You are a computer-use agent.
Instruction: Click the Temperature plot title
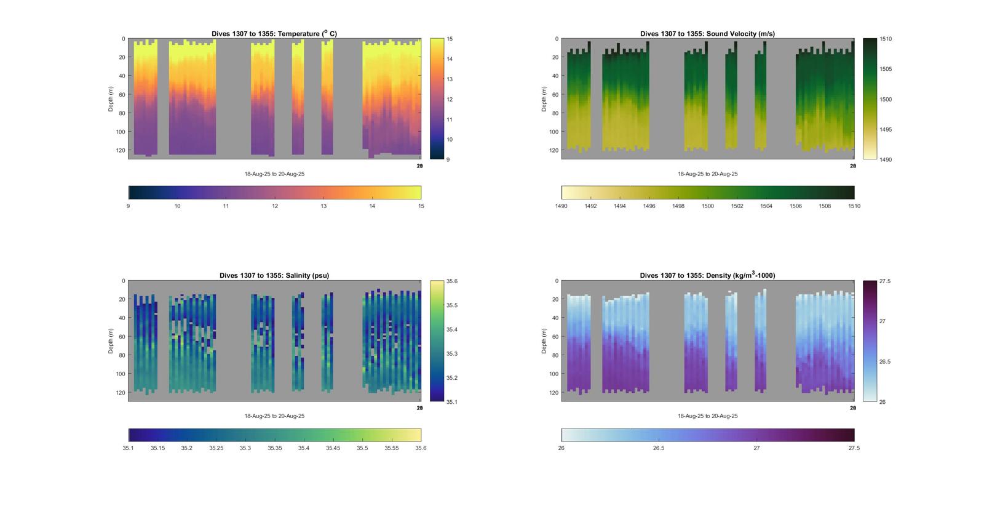point(274,34)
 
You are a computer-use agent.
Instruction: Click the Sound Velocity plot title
point(707,34)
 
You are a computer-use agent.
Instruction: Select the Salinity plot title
point(274,276)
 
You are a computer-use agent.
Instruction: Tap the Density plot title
point(707,276)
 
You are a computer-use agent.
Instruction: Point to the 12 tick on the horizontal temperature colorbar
point(275,206)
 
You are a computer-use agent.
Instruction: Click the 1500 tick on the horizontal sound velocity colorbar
point(708,206)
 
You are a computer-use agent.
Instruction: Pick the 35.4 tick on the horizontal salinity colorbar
point(304,448)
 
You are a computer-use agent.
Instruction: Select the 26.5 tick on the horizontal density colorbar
point(659,448)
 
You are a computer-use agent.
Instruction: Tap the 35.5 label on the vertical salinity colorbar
point(452,305)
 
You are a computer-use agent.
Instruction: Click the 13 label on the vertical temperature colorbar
point(450,79)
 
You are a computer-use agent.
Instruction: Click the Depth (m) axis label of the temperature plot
point(111,99)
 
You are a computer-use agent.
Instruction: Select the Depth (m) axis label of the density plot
point(544,341)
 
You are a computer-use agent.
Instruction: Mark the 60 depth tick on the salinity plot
point(122,337)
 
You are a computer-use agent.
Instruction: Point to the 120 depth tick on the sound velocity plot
point(553,150)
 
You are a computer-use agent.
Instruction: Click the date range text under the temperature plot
point(274,174)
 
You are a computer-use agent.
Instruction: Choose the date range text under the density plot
point(707,416)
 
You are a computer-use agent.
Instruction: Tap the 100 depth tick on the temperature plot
point(121,132)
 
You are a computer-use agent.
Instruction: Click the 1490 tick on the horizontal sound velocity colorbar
point(561,206)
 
